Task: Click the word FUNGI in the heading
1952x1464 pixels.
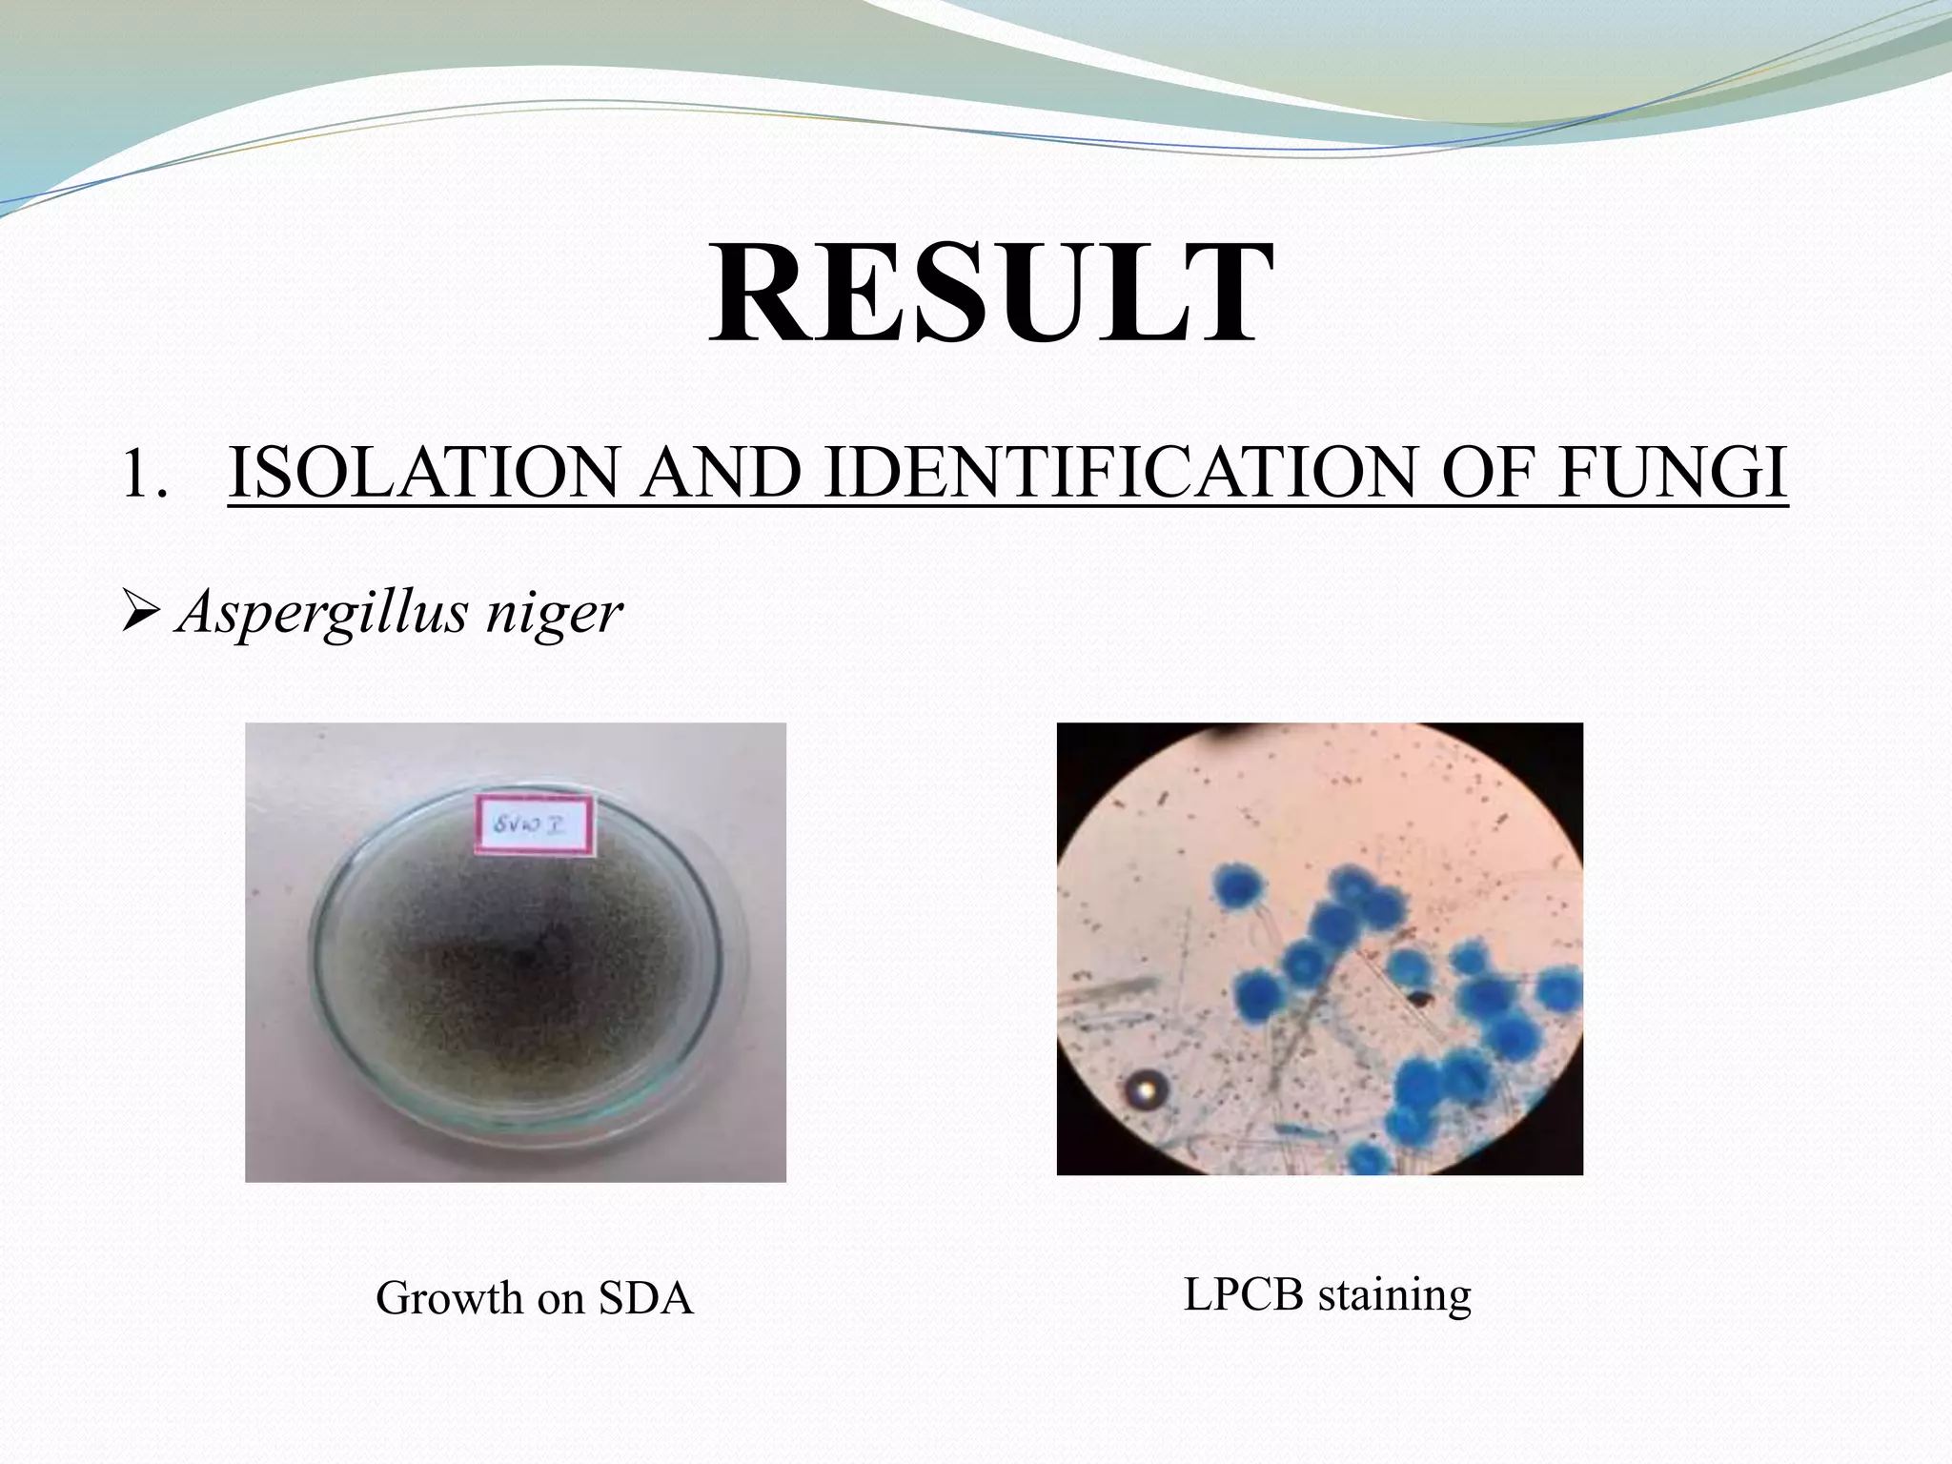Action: pyautogui.click(x=1673, y=474)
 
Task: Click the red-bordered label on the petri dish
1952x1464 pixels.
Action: pyautogui.click(x=535, y=827)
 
